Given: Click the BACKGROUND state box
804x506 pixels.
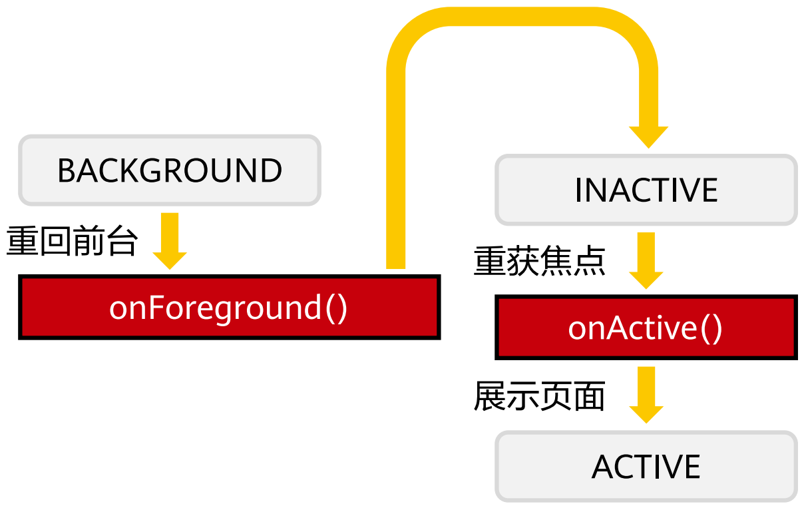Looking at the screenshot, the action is point(170,170).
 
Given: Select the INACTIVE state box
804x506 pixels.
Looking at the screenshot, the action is point(646,190).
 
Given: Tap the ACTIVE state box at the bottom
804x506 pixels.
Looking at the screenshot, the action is point(646,467).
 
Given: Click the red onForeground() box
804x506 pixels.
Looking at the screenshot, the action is point(230,307).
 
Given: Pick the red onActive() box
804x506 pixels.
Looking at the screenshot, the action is point(646,328).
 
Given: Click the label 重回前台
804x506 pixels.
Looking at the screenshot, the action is point(72,240).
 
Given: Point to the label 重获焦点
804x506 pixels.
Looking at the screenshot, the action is point(540,261).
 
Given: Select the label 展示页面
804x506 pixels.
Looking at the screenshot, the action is point(540,395).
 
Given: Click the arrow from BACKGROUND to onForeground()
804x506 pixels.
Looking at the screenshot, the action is point(170,241).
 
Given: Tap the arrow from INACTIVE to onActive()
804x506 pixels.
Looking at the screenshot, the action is point(646,261).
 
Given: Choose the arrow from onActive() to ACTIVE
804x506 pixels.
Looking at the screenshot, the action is point(646,395).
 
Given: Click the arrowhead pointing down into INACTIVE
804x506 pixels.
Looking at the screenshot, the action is point(648,136).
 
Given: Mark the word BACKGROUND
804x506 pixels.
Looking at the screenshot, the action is point(170,170).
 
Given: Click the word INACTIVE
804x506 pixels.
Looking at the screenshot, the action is point(646,190).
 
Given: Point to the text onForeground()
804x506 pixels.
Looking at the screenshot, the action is point(228,308).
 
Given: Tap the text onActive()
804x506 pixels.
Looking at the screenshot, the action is point(645,329).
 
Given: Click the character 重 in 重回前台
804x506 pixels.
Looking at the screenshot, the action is point(22,240).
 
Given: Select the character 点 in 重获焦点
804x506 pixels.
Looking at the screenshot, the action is point(590,261).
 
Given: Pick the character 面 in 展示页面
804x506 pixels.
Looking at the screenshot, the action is point(590,395).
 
